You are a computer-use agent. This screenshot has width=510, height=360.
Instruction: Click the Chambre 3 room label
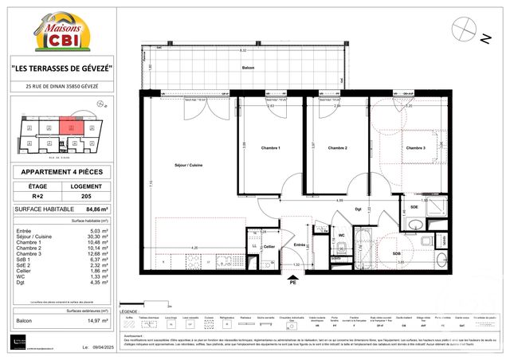point(415,148)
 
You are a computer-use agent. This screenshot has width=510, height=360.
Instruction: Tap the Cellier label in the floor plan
point(269,247)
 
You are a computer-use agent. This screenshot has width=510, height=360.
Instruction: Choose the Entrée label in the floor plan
point(299,245)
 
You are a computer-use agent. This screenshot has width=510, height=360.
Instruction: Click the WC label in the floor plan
point(341,236)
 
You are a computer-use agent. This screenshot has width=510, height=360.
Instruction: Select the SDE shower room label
point(414,206)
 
